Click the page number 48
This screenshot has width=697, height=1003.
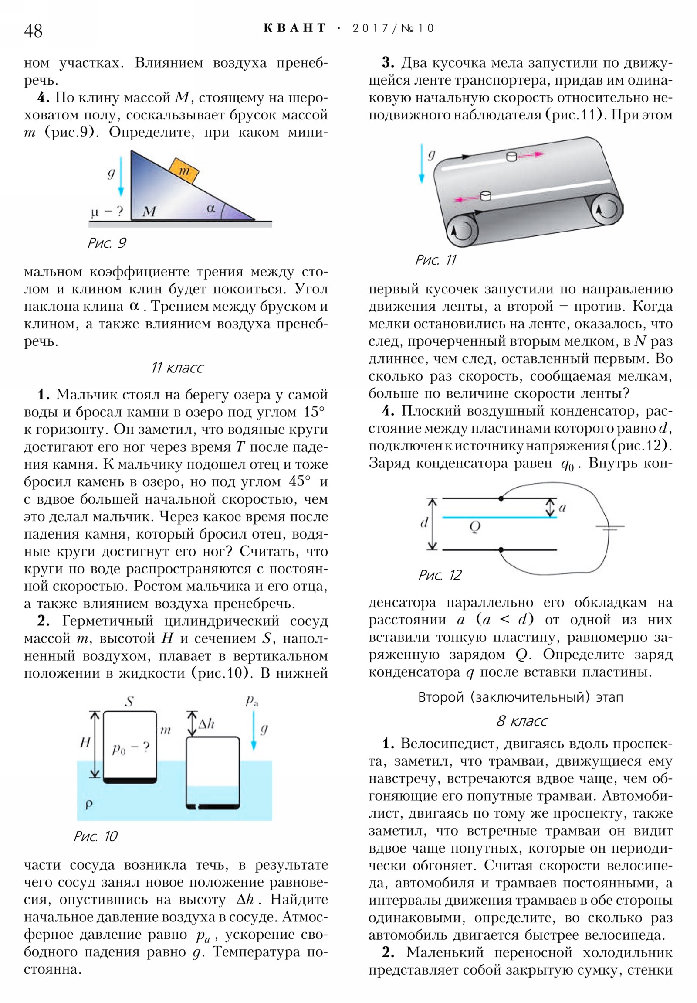click(33, 31)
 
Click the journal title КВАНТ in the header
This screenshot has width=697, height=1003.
click(294, 28)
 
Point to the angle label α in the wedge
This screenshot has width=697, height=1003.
click(211, 209)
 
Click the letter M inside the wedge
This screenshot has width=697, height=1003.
click(149, 212)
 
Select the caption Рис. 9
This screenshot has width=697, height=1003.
click(107, 243)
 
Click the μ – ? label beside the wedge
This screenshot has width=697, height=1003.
click(106, 212)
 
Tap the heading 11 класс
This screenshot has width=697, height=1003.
click(177, 368)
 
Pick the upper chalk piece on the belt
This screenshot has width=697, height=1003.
click(511, 156)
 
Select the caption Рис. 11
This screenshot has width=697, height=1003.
click(436, 260)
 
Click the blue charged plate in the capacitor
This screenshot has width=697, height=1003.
click(499, 517)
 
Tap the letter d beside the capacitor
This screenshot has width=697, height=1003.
click(423, 522)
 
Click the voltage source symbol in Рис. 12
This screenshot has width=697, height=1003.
click(610, 528)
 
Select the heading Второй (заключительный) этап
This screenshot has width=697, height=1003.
click(520, 697)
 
